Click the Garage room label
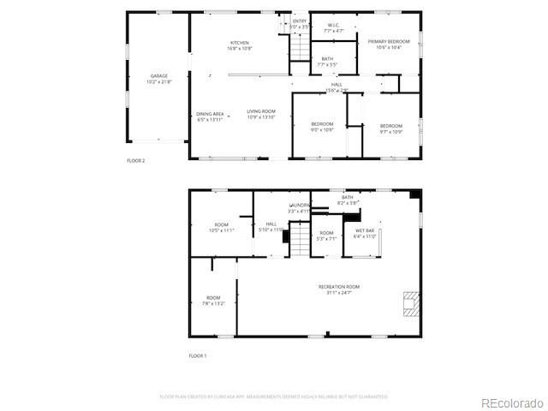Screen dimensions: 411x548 [159, 76]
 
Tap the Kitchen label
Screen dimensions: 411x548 [239, 43]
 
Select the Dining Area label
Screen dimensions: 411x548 [210, 113]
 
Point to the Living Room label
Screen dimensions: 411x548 [261, 112]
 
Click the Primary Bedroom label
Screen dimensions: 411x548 [389, 41]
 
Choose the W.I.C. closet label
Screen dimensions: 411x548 [334, 26]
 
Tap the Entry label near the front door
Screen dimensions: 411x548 [300, 21]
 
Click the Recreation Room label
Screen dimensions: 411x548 [339, 287]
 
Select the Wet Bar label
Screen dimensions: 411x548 [365, 230]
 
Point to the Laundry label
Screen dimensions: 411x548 [299, 206]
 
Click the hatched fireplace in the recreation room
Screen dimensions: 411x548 [412, 304]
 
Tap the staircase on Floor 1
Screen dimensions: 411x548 [299, 239]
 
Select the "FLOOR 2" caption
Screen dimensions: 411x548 [136, 160]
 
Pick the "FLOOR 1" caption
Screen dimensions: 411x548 [198, 355]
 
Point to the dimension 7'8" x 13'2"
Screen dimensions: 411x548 [213, 303]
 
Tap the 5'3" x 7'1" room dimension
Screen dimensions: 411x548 [326, 239]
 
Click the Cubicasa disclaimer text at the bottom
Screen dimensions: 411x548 [274, 396]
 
